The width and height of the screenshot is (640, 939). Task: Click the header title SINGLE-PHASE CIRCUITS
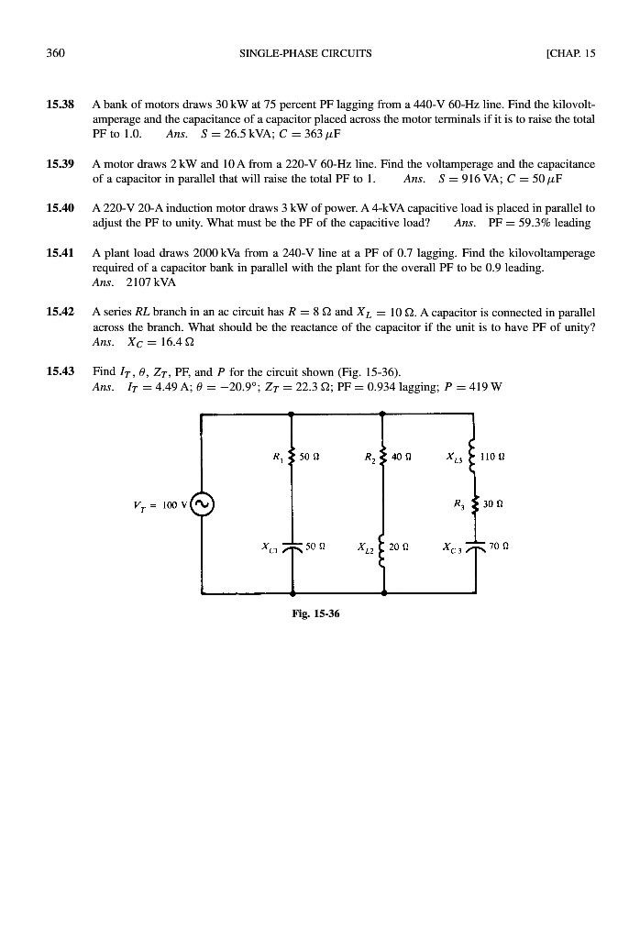(x=305, y=52)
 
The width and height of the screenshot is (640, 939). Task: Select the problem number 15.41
(x=61, y=252)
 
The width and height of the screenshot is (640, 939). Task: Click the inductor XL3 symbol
(x=473, y=454)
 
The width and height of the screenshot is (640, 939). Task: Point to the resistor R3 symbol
(x=473, y=504)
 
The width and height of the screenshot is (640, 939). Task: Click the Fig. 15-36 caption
(x=317, y=615)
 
